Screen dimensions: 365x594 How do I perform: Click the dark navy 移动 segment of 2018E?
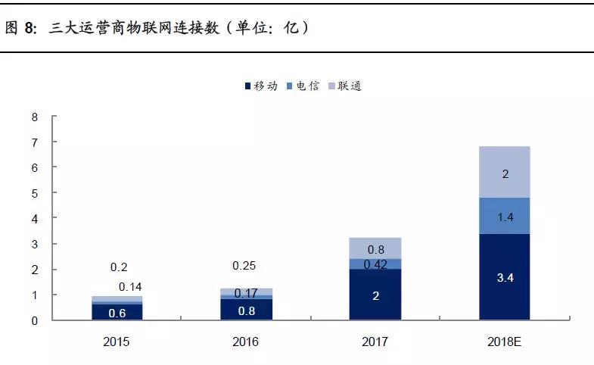point(504,277)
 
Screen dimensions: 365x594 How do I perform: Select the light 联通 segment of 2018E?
point(504,172)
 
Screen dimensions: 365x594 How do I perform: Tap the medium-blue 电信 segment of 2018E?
point(504,216)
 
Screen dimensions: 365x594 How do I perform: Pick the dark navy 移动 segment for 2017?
point(375,295)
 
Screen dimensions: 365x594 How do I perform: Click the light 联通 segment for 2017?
point(375,248)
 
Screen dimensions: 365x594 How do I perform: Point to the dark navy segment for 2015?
point(117,312)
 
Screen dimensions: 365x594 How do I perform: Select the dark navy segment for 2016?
point(247,310)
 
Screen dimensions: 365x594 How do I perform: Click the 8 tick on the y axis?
point(34,117)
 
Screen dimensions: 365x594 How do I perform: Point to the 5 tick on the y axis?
point(34,193)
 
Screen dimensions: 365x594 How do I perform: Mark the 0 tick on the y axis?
point(34,320)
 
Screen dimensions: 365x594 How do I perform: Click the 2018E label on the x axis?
point(504,342)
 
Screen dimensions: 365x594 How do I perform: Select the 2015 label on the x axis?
point(117,342)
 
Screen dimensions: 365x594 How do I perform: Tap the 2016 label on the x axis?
point(247,342)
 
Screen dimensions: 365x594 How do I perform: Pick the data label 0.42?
point(375,264)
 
